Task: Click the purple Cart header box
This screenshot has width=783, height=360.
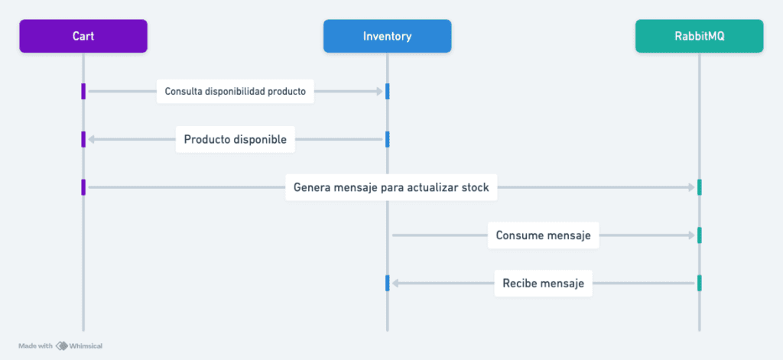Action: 83,36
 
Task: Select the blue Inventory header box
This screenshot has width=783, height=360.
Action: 387,36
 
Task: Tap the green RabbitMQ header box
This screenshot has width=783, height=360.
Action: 699,36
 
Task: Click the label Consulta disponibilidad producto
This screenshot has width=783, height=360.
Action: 236,92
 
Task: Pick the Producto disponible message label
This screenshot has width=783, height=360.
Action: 236,139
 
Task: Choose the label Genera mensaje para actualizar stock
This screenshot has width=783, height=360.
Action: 391,187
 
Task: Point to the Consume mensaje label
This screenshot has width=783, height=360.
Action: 544,235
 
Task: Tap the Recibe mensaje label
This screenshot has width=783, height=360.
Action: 544,283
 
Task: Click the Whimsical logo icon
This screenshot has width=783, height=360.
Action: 61,345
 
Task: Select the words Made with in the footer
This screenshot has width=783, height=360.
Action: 35,346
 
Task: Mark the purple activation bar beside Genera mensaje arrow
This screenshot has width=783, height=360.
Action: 83,187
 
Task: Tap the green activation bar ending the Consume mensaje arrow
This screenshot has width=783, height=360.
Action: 699,235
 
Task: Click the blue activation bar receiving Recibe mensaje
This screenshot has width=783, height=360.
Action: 387,283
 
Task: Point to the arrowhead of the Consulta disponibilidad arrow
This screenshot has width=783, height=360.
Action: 379,92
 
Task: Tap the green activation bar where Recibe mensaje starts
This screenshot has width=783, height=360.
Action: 699,283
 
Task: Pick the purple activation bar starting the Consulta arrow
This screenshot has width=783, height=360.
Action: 83,92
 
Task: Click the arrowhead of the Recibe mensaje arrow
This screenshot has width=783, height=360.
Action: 395,283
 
